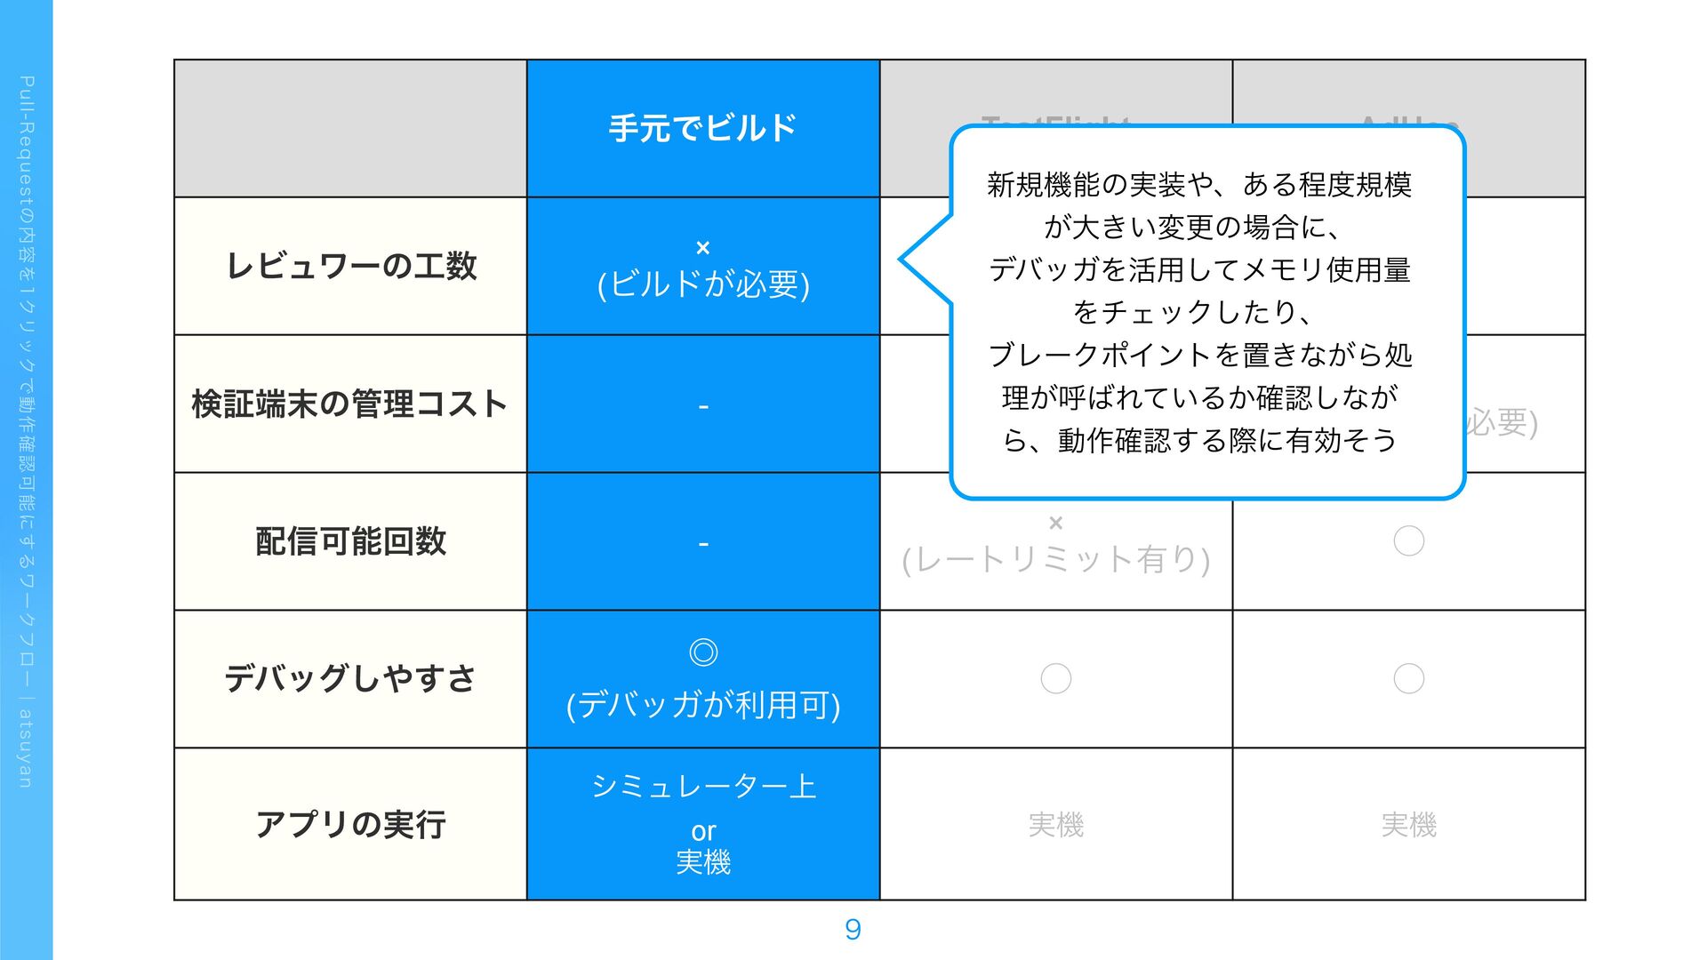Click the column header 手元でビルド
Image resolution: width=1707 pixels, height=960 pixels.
[702, 128]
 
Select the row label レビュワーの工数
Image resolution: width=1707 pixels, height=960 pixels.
[351, 266]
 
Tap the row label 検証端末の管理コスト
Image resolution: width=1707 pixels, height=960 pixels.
[349, 404]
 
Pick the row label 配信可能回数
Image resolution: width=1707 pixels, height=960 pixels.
[350, 541]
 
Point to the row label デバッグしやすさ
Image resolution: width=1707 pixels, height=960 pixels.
[350, 678]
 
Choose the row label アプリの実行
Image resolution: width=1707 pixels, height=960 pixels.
[350, 824]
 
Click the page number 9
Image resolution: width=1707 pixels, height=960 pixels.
[853, 930]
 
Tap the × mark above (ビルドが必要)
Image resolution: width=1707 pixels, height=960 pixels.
[702, 248]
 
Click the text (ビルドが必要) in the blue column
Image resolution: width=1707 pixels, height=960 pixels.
[703, 284]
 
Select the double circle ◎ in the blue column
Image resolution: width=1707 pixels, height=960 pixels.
[703, 652]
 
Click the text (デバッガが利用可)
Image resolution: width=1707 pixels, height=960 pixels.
[703, 705]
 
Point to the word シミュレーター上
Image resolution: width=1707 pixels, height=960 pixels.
[703, 786]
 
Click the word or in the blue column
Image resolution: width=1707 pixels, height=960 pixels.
[703, 831]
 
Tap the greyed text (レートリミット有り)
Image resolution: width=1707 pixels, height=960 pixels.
[1055, 559]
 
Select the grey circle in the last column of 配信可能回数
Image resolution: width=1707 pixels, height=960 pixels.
[1408, 540]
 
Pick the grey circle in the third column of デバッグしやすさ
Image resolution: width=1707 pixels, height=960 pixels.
[1055, 678]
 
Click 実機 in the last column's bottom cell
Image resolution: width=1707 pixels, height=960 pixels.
[1408, 825]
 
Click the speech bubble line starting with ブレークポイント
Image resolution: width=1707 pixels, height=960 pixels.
[1199, 355]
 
